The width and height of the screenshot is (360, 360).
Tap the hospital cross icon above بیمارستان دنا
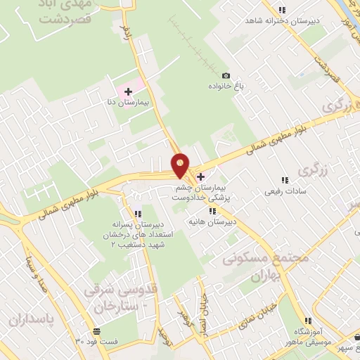(x=128, y=91)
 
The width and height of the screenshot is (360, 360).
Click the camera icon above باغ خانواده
(x=226, y=75)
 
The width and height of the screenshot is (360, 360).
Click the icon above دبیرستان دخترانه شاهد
(x=282, y=10)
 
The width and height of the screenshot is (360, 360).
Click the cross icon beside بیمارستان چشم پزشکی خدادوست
(x=201, y=176)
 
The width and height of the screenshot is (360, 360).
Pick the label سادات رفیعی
(x=284, y=191)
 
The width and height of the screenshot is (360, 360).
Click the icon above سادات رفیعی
(x=285, y=180)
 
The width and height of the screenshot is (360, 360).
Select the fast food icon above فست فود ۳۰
(x=95, y=331)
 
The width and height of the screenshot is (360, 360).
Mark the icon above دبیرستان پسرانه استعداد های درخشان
(x=137, y=214)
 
